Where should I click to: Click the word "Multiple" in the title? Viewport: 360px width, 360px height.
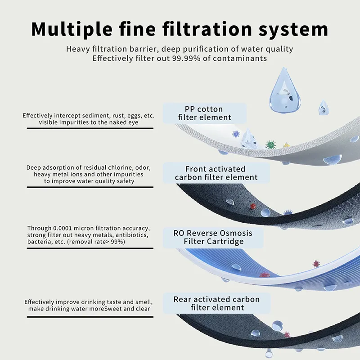pos(72,29)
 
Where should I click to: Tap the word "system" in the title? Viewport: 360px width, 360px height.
pos(293,30)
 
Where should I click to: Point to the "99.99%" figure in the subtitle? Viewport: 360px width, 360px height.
pos(186,58)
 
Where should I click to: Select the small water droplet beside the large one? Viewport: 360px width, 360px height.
pos(324,108)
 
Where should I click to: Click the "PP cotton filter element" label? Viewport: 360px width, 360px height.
pos(205,113)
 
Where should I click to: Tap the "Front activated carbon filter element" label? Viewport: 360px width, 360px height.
pos(216,173)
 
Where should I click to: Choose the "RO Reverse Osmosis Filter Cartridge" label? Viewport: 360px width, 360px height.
pos(213,237)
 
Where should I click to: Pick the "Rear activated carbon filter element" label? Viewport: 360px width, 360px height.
pos(217,303)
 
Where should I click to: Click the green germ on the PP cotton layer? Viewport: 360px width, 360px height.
pos(270,144)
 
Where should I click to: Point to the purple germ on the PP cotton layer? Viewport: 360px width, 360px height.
pos(236,134)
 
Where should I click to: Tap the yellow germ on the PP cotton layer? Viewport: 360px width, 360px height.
pos(286,145)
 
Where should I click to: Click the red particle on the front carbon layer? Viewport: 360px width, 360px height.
pos(253,206)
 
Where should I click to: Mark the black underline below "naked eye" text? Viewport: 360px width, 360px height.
pos(90,128)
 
